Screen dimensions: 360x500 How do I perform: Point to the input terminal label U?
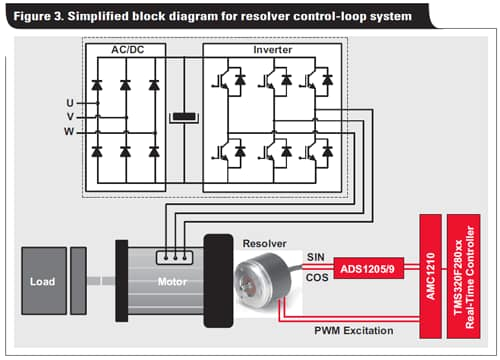coord(69,102)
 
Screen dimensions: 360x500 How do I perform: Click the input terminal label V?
coord(69,116)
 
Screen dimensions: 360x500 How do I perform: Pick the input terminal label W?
coord(69,130)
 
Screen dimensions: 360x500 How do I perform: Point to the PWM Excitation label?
coord(353,329)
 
